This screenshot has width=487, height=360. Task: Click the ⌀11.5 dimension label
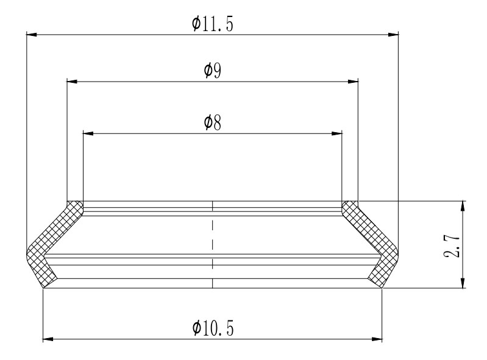point(213,24)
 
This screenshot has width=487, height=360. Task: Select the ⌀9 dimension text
point(213,71)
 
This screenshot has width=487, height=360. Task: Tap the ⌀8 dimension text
point(213,122)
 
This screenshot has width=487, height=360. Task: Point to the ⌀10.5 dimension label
point(213,328)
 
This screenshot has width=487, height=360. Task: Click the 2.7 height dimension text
point(452,245)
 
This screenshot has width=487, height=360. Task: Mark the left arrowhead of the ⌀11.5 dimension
point(32,35)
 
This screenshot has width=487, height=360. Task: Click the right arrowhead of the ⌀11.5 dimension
point(393,35)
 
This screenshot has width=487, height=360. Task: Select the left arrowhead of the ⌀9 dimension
point(73,81)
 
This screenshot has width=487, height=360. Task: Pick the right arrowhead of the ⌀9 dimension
point(353,81)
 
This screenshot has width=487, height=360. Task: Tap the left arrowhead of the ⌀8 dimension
point(88,133)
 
